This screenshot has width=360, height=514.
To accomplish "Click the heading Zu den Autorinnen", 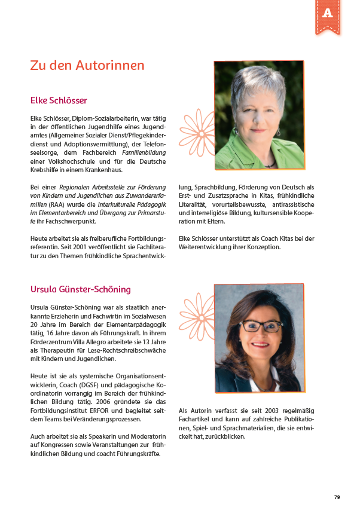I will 87,66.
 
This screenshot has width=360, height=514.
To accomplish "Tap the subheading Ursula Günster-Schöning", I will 80,290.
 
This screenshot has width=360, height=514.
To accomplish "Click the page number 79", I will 337,497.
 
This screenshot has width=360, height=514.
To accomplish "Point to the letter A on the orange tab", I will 327,13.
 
